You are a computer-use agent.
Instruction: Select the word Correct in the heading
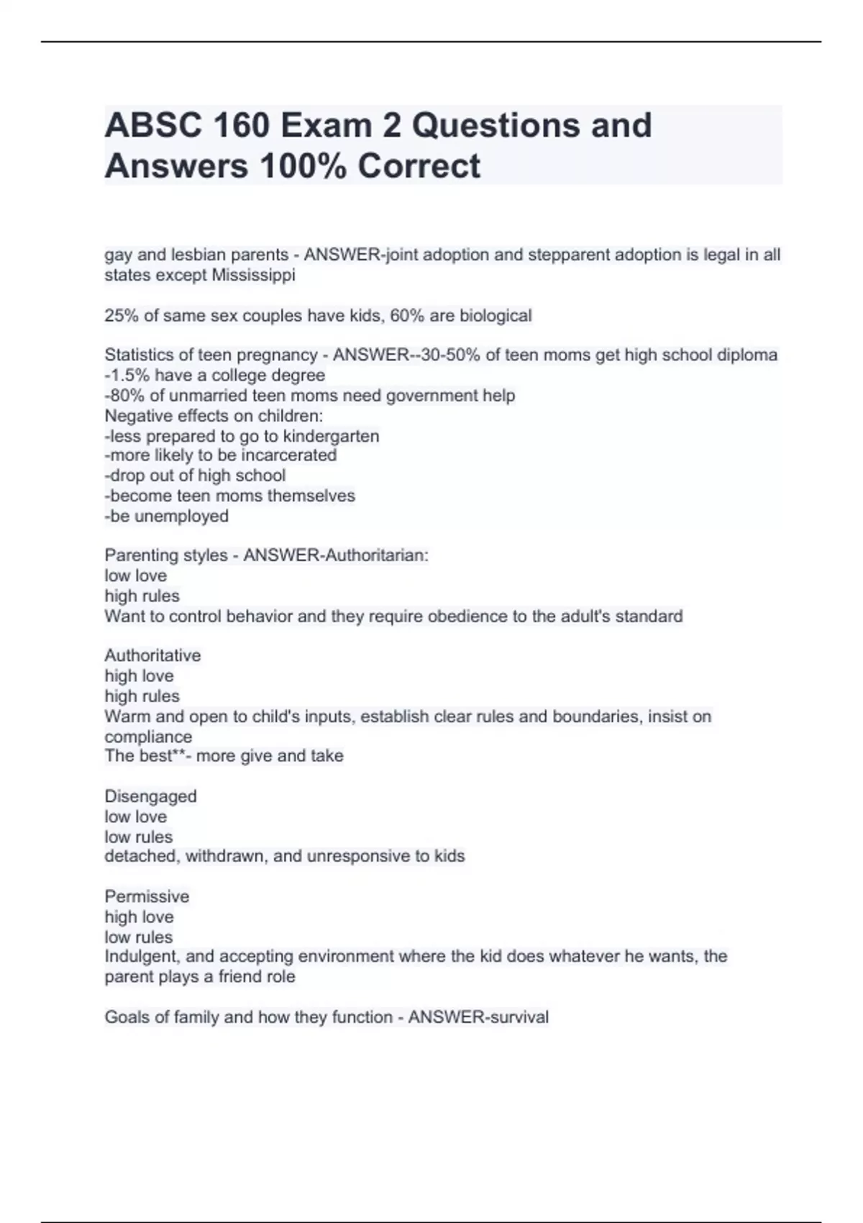pos(419,165)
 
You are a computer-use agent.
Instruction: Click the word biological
pos(496,316)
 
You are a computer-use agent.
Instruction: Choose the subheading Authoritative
pos(152,655)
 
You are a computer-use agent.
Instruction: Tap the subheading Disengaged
pos(150,796)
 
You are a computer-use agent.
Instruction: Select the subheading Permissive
pos(147,896)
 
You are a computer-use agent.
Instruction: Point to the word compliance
pos(148,737)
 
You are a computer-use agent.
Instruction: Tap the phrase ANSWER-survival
pos(478,1017)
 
